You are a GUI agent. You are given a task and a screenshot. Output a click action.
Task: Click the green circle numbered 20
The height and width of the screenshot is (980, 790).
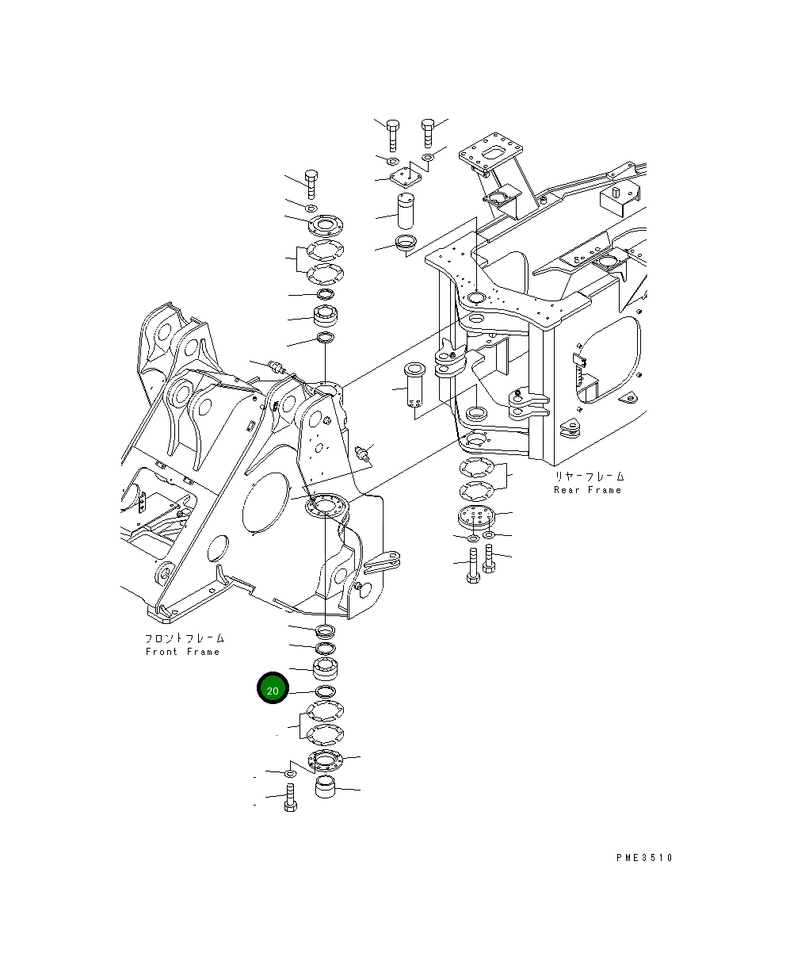click(x=272, y=690)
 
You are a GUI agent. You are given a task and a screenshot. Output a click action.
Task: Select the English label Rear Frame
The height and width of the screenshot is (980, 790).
click(x=587, y=490)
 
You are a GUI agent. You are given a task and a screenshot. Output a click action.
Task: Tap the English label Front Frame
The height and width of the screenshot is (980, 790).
click(x=182, y=652)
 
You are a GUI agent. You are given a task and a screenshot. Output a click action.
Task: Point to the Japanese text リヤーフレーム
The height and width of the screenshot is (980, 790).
click(x=589, y=477)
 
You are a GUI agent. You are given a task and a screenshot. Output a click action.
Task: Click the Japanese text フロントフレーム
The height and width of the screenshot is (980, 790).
click(x=184, y=638)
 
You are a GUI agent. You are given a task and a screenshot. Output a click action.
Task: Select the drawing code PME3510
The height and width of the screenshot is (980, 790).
click(x=643, y=857)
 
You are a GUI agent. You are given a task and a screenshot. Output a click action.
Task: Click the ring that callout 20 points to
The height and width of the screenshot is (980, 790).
click(x=325, y=692)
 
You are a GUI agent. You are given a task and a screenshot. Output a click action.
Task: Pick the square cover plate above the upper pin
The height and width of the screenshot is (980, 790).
click(x=405, y=178)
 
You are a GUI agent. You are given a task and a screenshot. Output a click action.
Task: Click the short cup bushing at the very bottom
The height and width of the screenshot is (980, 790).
click(x=326, y=788)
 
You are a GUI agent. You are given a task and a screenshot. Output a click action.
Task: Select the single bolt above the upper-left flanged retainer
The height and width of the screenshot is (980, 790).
click(x=311, y=185)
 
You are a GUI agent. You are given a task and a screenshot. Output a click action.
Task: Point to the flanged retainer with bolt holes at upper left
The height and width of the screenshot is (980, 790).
click(x=324, y=226)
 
